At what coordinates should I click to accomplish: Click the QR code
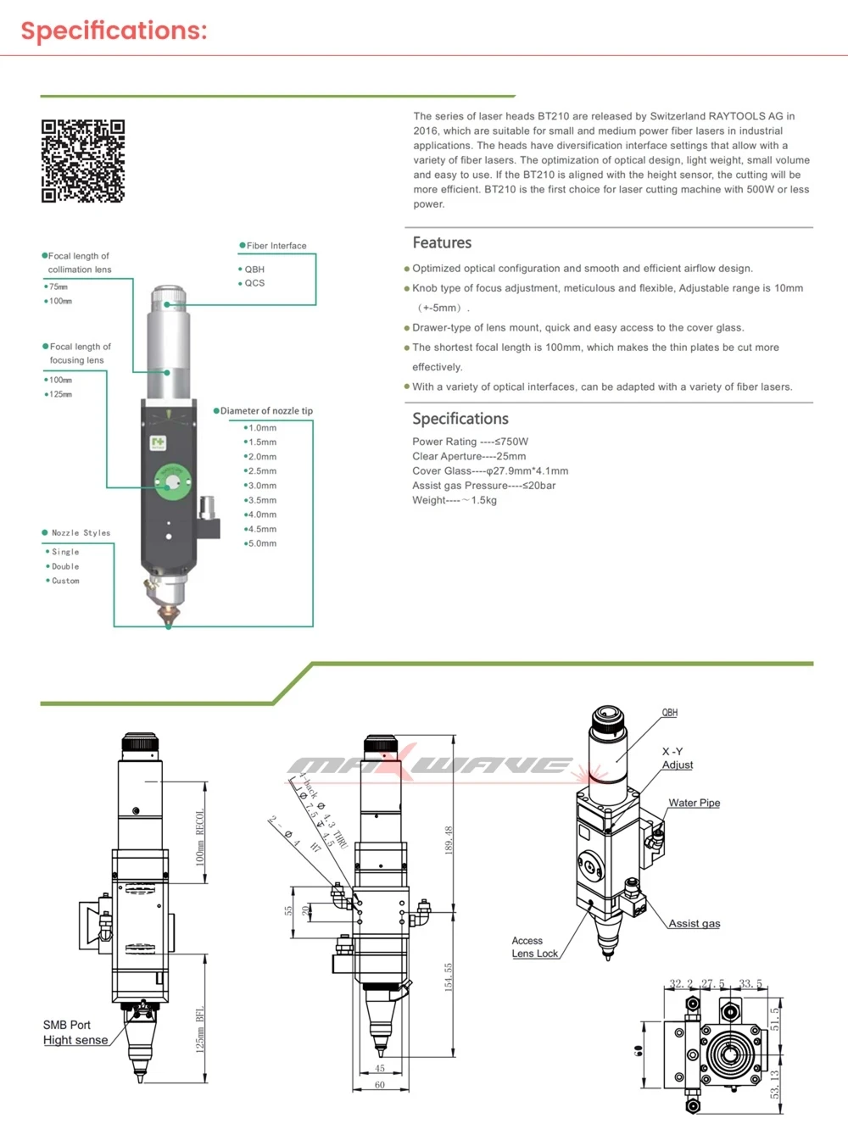coord(83,161)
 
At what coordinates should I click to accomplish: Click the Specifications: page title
coord(114,31)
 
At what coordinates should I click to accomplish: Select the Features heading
coord(442,243)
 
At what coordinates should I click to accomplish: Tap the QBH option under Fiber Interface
coord(254,270)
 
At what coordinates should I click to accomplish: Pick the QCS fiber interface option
coord(254,283)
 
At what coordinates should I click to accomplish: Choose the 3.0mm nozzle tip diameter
coord(262,486)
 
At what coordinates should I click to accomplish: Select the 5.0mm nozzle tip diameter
coord(262,543)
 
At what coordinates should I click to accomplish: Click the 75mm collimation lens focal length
coord(58,287)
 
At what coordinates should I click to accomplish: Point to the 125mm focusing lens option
coord(60,394)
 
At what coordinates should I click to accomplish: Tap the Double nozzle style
coord(64,566)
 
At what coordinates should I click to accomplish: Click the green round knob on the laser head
coord(170,481)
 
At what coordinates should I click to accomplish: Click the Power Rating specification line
coord(470,442)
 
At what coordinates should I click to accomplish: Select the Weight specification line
coord(455,500)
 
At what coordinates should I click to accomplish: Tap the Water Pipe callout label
coord(694,803)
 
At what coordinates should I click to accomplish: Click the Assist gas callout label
coord(694,924)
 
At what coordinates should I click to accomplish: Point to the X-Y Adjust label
coord(677,758)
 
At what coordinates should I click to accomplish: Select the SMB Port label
coord(67,1025)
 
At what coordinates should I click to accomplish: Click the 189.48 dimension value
coord(449,839)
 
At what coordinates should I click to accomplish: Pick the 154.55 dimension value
coord(449,976)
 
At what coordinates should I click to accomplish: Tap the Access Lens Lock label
coord(534,947)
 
